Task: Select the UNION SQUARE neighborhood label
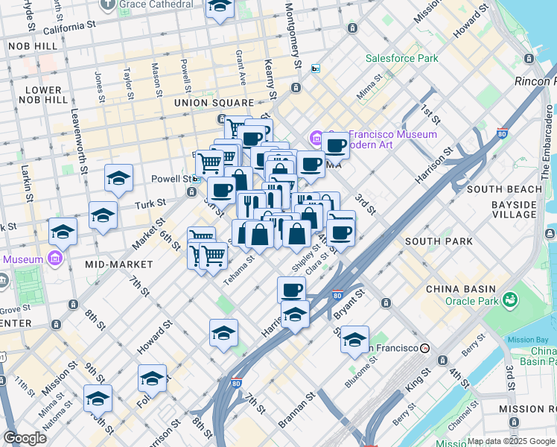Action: pyautogui.click(x=214, y=102)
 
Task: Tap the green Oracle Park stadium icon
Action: pyautogui.click(x=511, y=299)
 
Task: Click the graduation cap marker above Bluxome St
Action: pyautogui.click(x=355, y=339)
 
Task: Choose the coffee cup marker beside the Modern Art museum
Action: pyautogui.click(x=336, y=145)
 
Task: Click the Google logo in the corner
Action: pyautogui.click(x=25, y=438)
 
